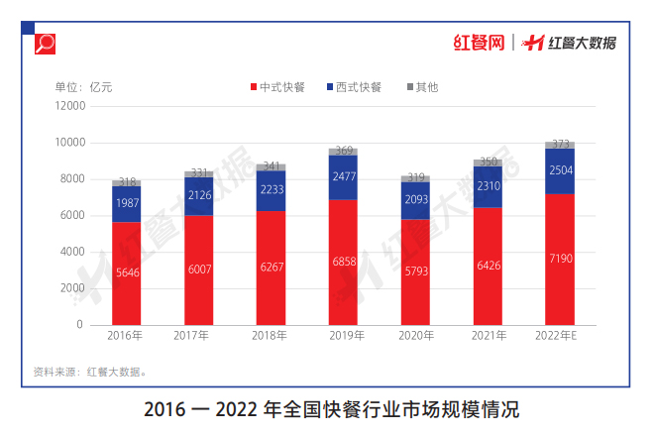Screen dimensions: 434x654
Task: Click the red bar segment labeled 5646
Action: [x=126, y=272]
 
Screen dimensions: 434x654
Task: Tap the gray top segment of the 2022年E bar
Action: [x=560, y=145]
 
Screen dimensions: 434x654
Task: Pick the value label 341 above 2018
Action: [x=271, y=166]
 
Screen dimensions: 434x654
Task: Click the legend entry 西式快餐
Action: [x=353, y=87]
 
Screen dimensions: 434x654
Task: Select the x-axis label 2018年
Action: [x=271, y=337]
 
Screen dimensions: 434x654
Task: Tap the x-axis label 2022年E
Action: [x=560, y=337]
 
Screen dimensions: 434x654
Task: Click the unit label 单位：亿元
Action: [x=83, y=87]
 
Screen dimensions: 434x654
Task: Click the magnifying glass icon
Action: [x=46, y=43]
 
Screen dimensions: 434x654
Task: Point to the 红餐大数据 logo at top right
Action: [x=570, y=43]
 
